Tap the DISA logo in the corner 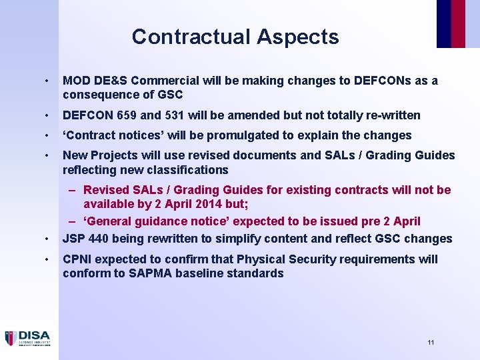[27, 338]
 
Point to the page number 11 [431, 342]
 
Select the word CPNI [79, 259]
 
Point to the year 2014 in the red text [215, 204]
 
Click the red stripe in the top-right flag [459, 23]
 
